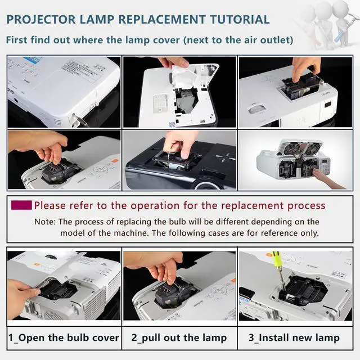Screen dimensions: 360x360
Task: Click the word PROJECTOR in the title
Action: click(x=41, y=20)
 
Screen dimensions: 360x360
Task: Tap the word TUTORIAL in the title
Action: click(x=240, y=20)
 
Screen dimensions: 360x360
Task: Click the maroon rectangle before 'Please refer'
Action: click(x=21, y=205)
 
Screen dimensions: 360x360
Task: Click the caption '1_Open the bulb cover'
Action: click(x=64, y=338)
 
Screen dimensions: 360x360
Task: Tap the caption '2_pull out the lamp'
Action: click(x=179, y=338)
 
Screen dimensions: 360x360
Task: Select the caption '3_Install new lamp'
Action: click(x=294, y=338)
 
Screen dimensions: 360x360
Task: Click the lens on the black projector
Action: click(x=206, y=186)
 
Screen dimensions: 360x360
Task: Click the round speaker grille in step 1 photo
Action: click(x=52, y=316)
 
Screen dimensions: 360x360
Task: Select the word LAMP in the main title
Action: click(x=97, y=20)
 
